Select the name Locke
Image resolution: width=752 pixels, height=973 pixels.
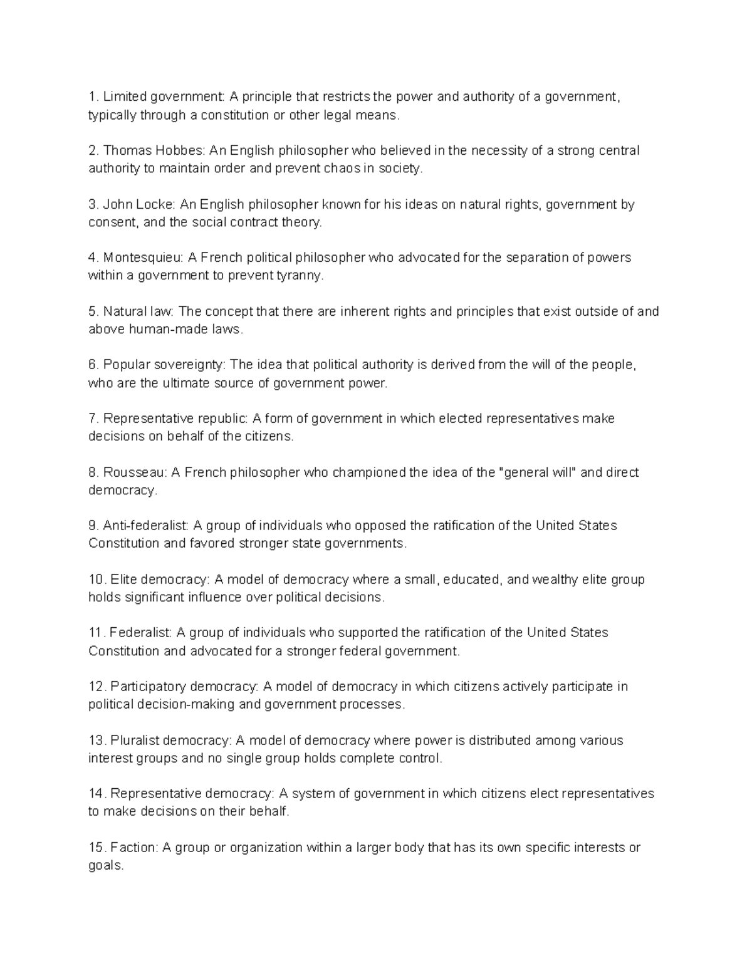point(158,204)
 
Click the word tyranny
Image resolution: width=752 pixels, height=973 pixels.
point(300,276)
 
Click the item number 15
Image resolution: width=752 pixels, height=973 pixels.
point(96,848)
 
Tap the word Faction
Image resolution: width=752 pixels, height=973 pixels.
point(133,848)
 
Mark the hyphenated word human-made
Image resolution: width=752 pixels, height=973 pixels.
point(165,330)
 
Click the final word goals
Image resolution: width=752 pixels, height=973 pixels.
point(105,866)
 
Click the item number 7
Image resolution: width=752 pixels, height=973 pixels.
point(92,419)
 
